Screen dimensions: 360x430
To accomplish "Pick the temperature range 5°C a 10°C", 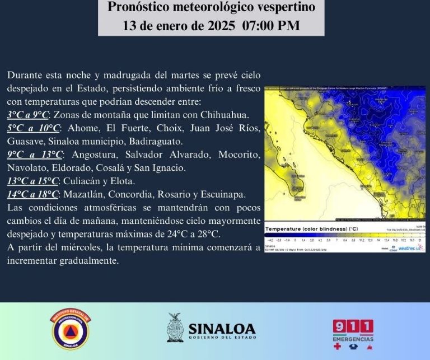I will (32, 128).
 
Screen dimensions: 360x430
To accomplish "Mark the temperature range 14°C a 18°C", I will (33, 194).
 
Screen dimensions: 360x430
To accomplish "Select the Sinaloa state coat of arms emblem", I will (175, 328).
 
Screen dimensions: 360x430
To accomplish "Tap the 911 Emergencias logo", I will (353, 333).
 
